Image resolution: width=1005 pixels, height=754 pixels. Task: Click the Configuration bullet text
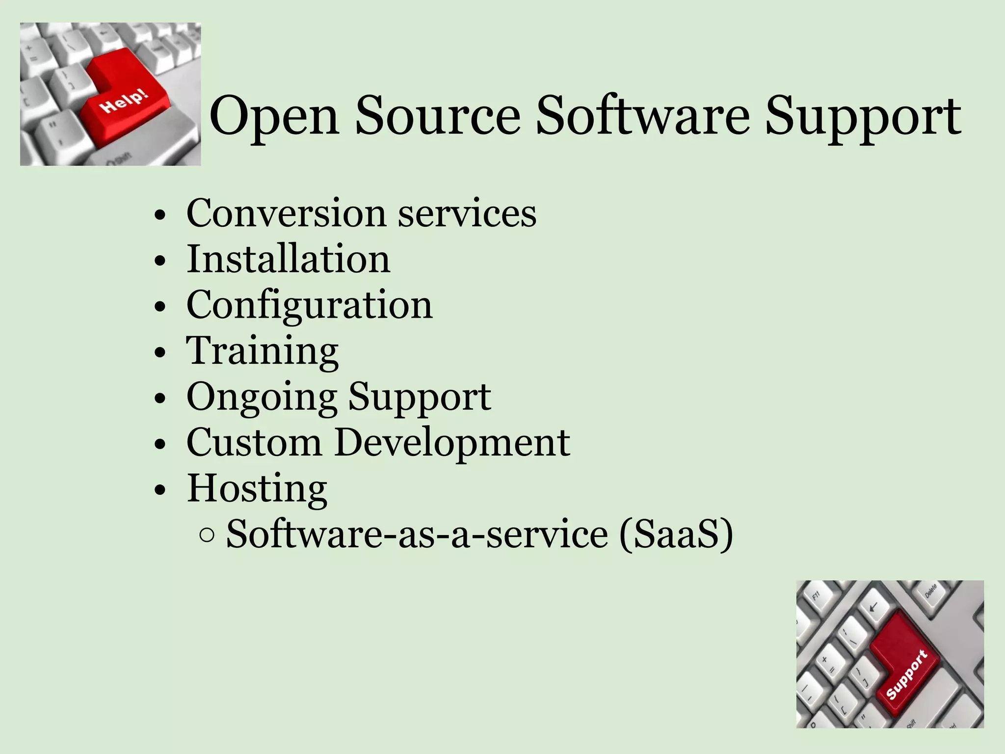309,305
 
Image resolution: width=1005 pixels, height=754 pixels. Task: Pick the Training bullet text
262,351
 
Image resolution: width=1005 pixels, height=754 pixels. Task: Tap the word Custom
254,442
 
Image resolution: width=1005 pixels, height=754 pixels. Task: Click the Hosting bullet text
257,488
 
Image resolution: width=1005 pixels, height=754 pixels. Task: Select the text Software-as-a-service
417,534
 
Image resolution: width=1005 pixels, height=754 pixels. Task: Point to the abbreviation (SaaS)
676,534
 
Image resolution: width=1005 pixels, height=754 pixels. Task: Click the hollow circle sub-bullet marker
207,536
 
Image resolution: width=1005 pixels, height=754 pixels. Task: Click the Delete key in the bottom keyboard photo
930,591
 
